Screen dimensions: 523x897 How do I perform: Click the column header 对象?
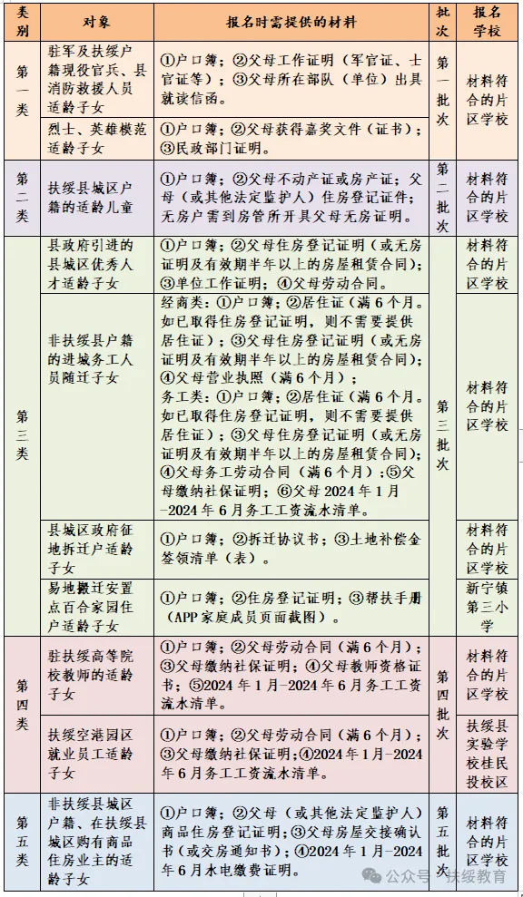(96, 22)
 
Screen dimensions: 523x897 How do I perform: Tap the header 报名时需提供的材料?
(291, 22)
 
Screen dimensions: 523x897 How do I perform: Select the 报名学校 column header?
(488, 22)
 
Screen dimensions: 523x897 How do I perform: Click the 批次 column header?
(442, 22)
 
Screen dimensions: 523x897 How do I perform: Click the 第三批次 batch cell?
(442, 435)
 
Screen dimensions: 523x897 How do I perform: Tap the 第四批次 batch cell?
(442, 713)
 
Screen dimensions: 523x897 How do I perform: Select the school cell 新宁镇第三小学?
(488, 607)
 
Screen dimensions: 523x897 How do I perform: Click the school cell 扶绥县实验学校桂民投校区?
(488, 752)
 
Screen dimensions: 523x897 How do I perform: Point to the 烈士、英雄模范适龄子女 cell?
(96, 137)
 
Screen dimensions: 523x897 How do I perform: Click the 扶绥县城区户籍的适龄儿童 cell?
(96, 197)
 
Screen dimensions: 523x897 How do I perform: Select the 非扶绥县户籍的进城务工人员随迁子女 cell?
(96, 405)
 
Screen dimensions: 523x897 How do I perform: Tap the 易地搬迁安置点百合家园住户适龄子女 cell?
(96, 607)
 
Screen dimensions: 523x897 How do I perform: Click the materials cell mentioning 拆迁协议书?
(291, 548)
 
